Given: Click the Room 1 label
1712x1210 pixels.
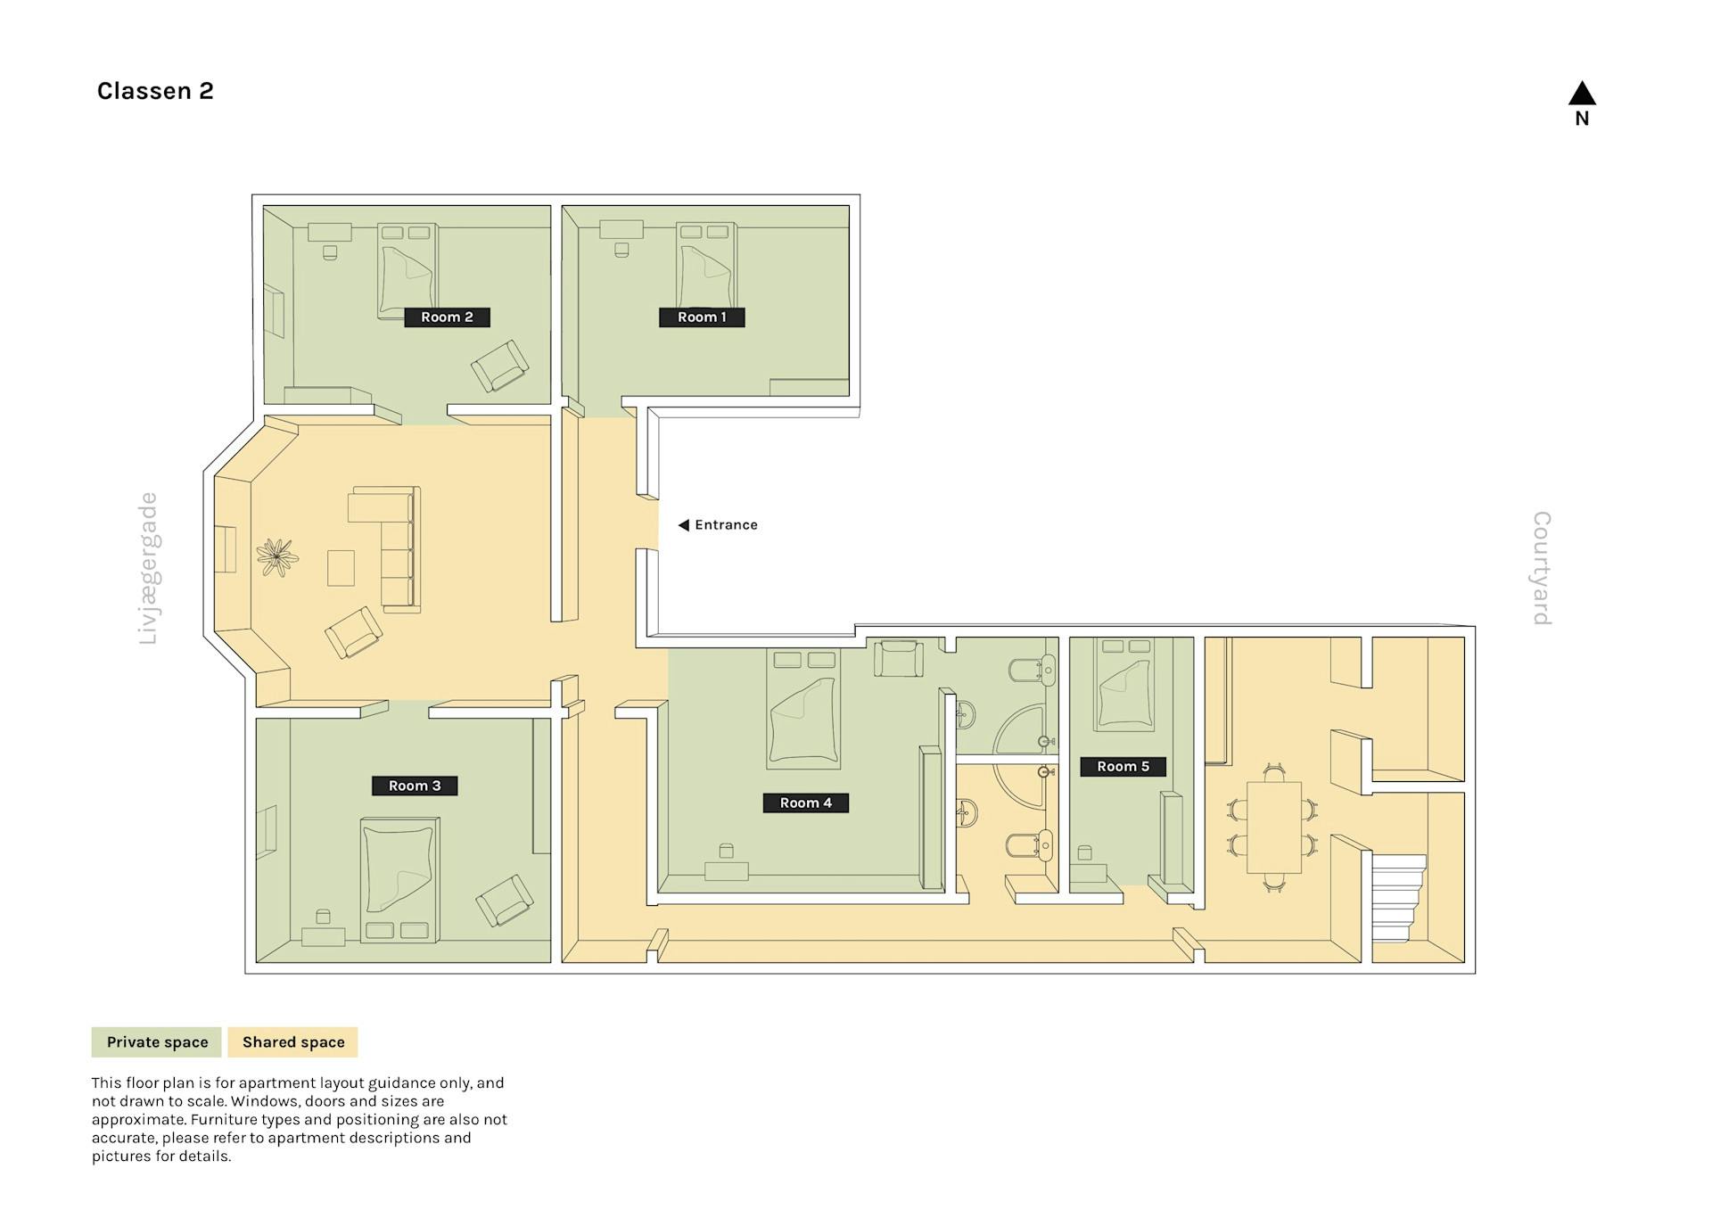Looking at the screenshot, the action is click(702, 317).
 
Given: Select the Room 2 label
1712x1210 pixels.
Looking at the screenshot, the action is click(447, 317).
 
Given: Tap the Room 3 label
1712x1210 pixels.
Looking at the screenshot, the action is click(415, 786).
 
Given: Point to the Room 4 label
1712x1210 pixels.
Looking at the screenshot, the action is click(805, 803).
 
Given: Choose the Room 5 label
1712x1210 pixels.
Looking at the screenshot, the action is click(1123, 766).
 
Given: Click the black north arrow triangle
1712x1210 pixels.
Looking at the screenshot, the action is click(1582, 93).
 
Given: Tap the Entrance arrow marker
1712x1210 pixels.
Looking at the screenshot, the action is click(684, 525).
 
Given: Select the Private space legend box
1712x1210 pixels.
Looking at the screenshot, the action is click(157, 1042).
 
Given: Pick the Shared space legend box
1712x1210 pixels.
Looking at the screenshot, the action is click(293, 1042).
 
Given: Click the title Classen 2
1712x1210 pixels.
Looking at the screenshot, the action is click(155, 91).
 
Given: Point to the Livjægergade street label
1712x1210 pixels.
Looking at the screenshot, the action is click(148, 568).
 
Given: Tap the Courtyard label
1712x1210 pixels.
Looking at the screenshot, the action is click(1542, 568).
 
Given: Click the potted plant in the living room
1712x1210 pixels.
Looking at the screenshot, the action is click(277, 557).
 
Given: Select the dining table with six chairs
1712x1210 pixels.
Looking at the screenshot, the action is click(1273, 827).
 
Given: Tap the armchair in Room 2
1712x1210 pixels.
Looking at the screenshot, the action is click(500, 366).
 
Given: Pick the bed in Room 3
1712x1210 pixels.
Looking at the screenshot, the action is click(399, 880).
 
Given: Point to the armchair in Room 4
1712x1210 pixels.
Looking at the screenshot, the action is click(898, 659).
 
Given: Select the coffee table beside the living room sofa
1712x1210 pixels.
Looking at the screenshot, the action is click(341, 568).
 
